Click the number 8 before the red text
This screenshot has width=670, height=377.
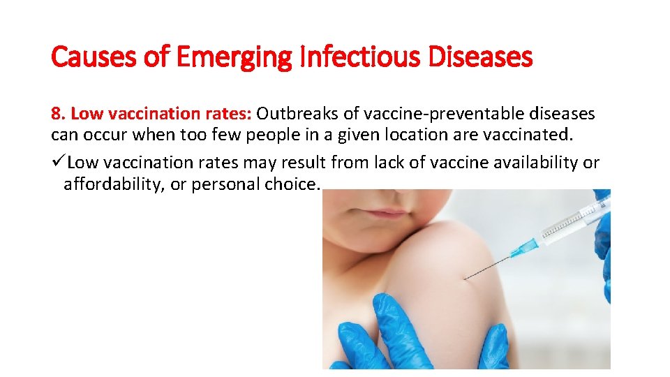coord(55,113)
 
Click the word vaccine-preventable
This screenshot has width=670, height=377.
coord(427,113)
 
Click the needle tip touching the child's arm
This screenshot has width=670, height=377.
coord(466,279)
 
